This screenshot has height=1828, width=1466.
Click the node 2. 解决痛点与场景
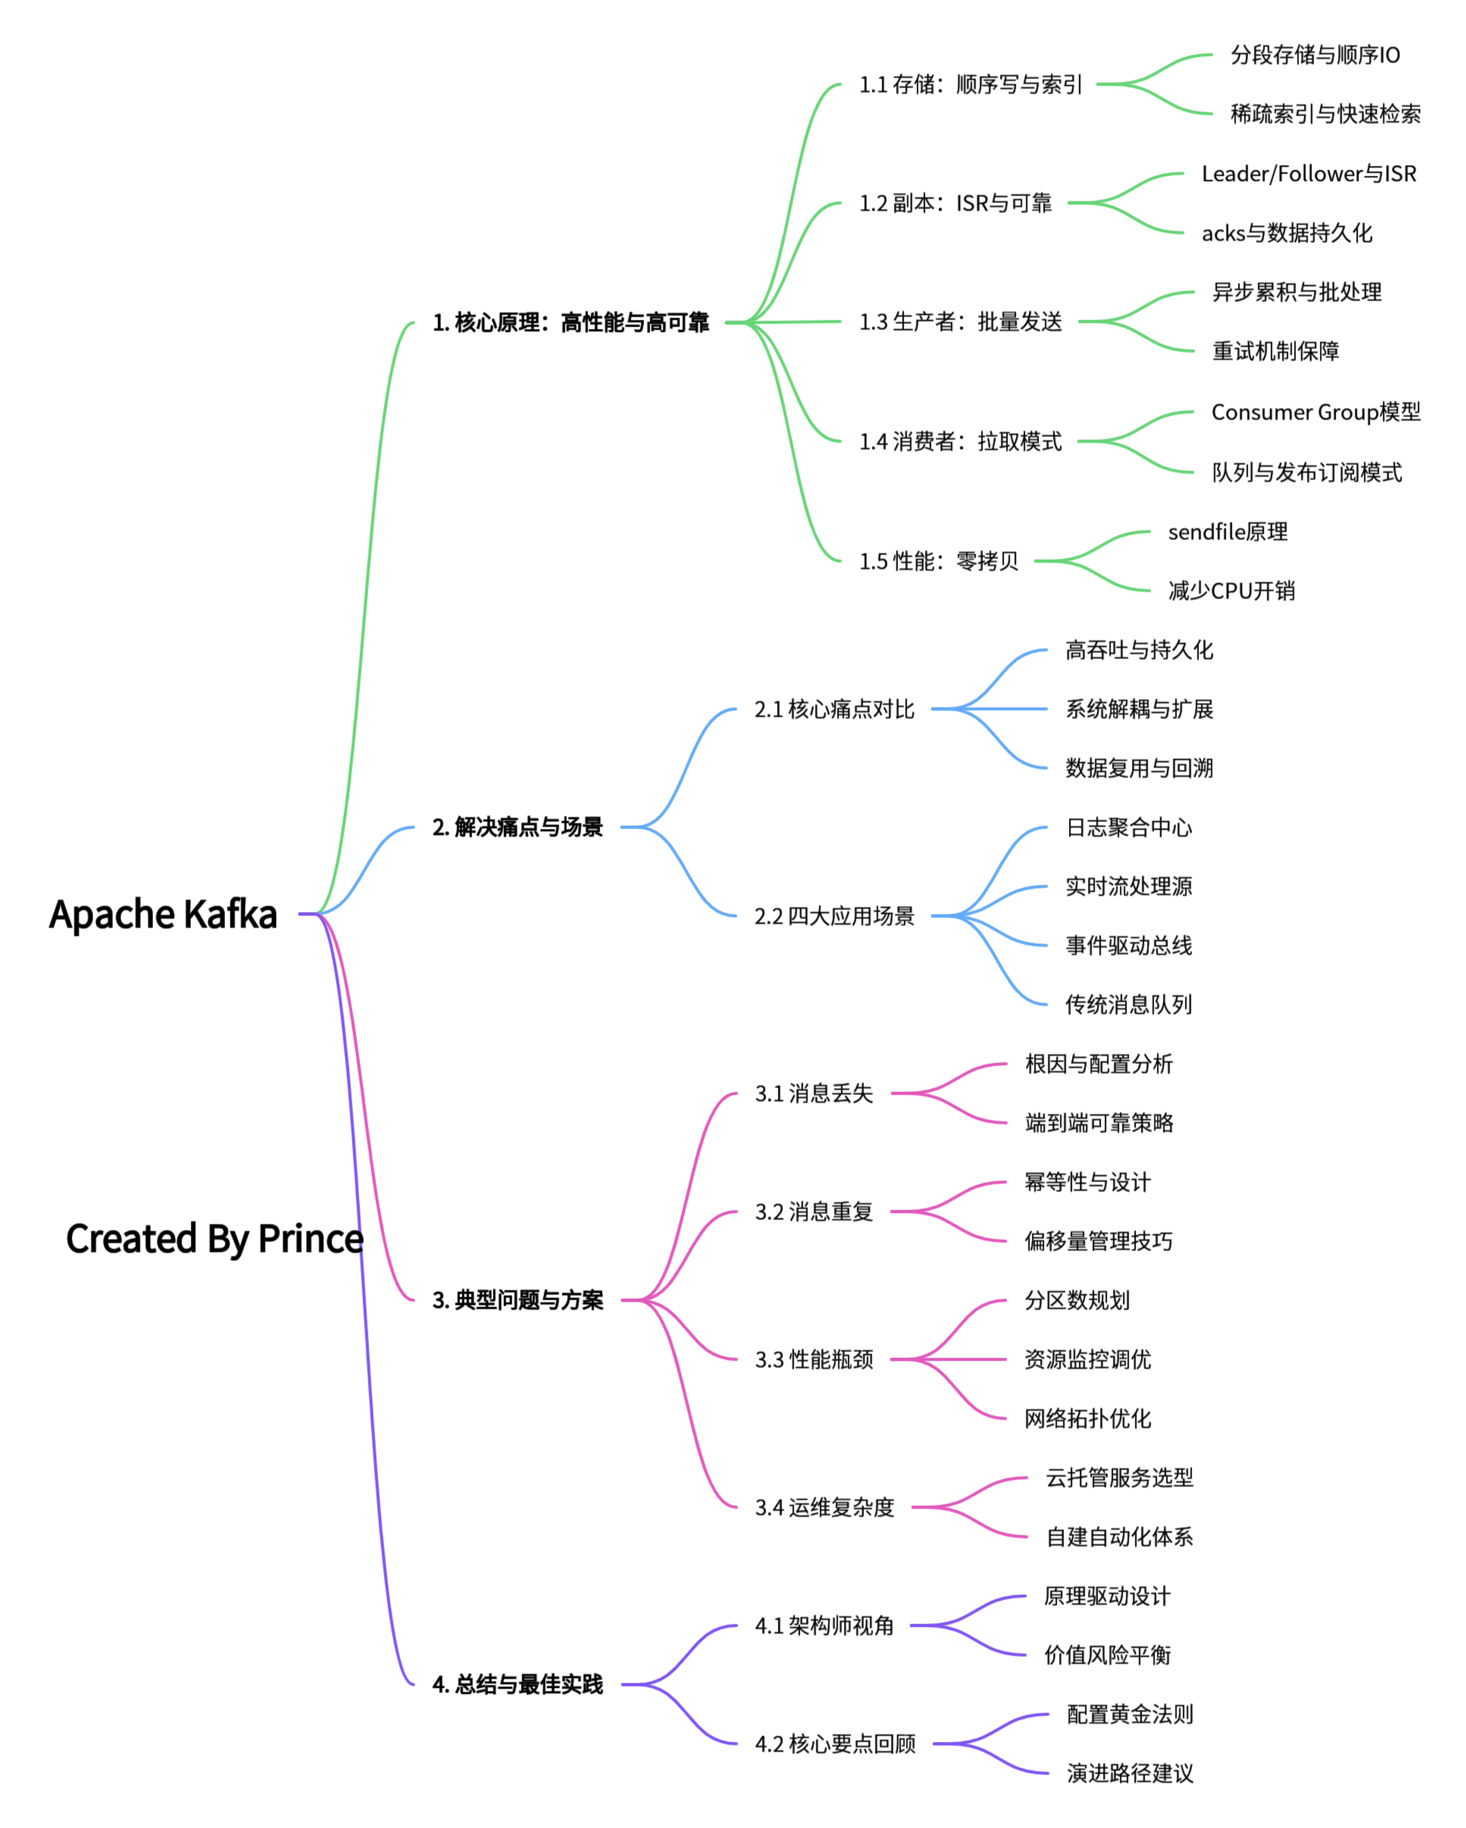pyautogui.click(x=517, y=827)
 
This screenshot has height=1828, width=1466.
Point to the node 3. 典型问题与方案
pyautogui.click(x=517, y=1300)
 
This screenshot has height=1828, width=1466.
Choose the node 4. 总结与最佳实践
pyautogui.click(x=517, y=1684)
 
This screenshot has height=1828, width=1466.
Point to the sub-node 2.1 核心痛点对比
pyautogui.click(x=834, y=709)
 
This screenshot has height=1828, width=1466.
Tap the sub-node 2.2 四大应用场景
pyautogui.click(x=834, y=916)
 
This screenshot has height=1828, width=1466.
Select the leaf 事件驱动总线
pyautogui.click(x=1129, y=945)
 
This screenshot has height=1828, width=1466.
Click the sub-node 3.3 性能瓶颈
pyautogui.click(x=814, y=1359)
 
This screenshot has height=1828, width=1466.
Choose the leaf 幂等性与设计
pyautogui.click(x=1088, y=1182)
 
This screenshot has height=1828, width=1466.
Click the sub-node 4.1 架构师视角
pyautogui.click(x=824, y=1625)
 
